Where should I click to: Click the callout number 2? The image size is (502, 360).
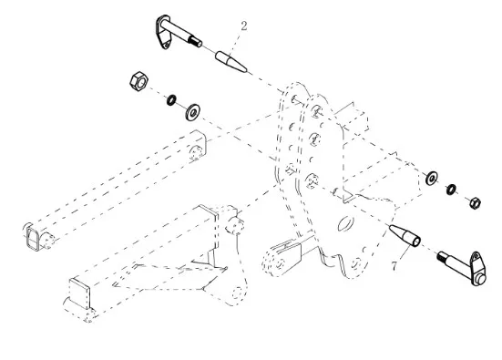(x=244, y=26)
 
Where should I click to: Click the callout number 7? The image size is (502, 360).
(x=394, y=265)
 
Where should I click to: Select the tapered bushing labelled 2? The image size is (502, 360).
(x=231, y=61)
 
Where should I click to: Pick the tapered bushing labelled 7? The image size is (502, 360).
(x=405, y=235)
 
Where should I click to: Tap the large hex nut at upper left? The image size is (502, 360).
(x=139, y=81)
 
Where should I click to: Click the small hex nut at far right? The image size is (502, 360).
(x=475, y=203)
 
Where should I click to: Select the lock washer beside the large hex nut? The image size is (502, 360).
(x=171, y=100)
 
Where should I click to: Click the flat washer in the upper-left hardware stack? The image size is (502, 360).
(x=193, y=112)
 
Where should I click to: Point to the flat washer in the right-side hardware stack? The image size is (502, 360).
(x=432, y=178)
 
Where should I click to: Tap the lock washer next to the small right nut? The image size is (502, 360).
(x=451, y=190)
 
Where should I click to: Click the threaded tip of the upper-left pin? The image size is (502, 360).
(x=195, y=41)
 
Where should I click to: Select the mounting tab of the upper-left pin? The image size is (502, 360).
(x=163, y=33)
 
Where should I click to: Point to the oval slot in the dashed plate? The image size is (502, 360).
(x=346, y=223)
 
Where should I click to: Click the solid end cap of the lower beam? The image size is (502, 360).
(x=78, y=293)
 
